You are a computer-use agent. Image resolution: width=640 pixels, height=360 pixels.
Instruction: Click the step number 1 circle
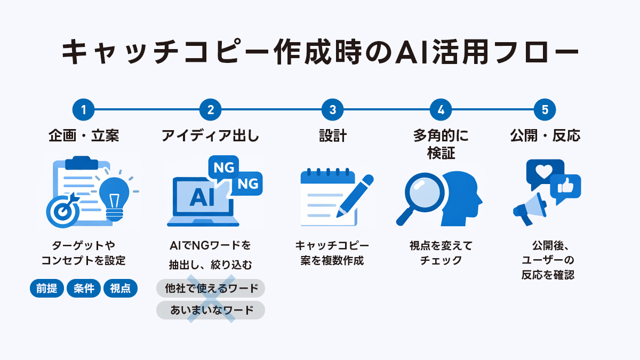(83, 110)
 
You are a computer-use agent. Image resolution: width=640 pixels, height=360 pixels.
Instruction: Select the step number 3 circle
(333, 110)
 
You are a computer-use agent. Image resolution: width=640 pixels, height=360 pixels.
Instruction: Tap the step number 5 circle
(545, 110)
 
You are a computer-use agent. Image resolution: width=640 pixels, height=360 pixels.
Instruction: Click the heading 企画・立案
(83, 136)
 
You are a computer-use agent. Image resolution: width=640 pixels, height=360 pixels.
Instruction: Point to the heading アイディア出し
(210, 136)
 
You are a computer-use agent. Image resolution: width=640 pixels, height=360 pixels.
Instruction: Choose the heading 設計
(333, 136)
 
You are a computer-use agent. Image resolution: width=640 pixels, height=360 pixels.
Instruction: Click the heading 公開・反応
(545, 136)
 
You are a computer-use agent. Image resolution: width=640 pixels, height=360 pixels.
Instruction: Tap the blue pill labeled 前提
(46, 289)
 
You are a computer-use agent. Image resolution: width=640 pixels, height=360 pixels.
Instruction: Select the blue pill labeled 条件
(84, 289)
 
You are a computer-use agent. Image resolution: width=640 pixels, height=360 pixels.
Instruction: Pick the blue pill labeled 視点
(121, 289)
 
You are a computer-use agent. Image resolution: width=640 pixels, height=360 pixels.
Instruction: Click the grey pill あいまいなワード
(211, 310)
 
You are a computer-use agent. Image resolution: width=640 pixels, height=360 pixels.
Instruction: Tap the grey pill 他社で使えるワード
(211, 289)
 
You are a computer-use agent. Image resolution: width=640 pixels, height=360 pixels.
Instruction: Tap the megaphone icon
(529, 208)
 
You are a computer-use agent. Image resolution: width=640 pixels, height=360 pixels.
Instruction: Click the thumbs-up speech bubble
(565, 187)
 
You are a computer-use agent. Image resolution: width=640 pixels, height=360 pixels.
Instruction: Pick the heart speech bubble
(544, 172)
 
